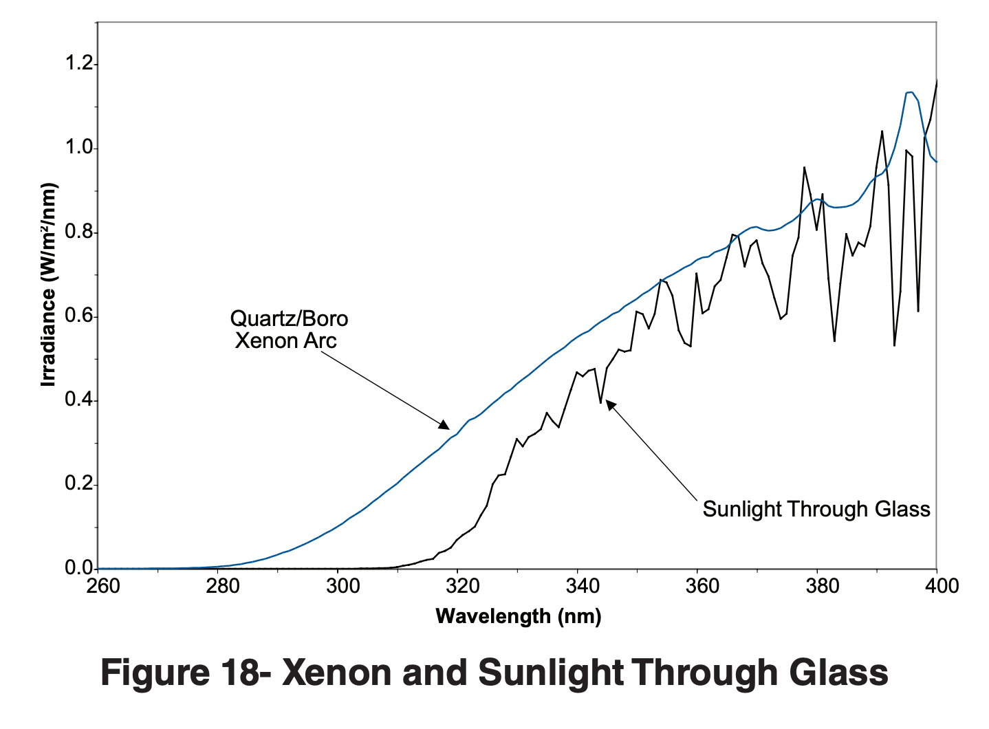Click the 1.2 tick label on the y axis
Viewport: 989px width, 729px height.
[x=78, y=64]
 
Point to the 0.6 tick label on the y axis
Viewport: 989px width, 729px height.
[x=78, y=316]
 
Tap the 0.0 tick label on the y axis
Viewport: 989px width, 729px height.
[x=78, y=568]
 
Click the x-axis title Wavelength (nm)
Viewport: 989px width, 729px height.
[x=519, y=616]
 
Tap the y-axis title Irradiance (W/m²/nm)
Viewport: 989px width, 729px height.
[x=48, y=285]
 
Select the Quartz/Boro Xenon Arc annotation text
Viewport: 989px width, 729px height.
[x=288, y=329]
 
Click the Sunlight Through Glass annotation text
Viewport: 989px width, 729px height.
[x=816, y=509]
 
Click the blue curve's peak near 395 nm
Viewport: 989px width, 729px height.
[x=910, y=92]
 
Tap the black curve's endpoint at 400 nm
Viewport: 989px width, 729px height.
[x=937, y=80]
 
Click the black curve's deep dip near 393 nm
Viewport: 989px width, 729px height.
[x=894, y=345]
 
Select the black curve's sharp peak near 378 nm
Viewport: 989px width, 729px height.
[x=804, y=167]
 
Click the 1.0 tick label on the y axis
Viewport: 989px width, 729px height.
[x=78, y=148]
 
